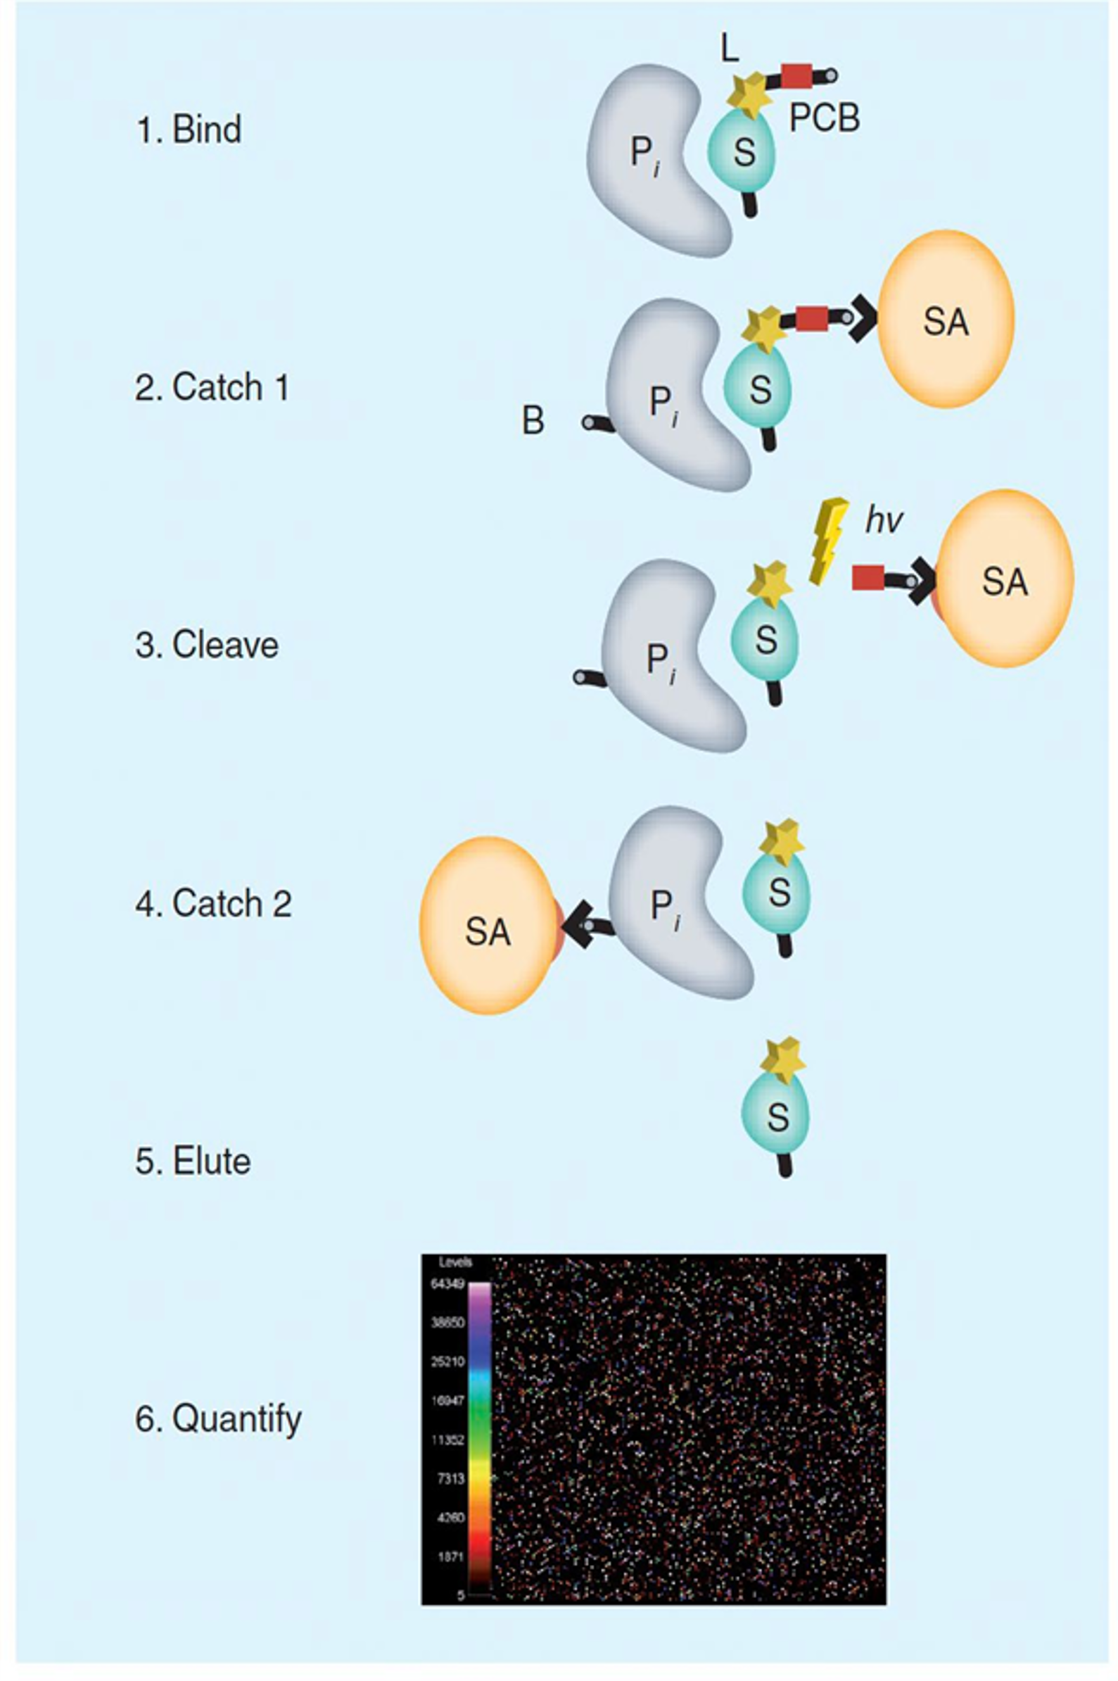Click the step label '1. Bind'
[x=189, y=130]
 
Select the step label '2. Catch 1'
[x=212, y=388]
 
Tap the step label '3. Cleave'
[x=207, y=645]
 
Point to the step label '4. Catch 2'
[x=213, y=904]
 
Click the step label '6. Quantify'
[x=218, y=1418]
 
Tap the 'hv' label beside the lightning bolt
[x=884, y=520]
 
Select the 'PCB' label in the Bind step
[x=824, y=118]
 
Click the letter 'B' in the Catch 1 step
[x=533, y=421]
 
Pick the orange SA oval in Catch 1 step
[x=946, y=319]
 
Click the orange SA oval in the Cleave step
[x=1005, y=579]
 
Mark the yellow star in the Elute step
[x=782, y=1061]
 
